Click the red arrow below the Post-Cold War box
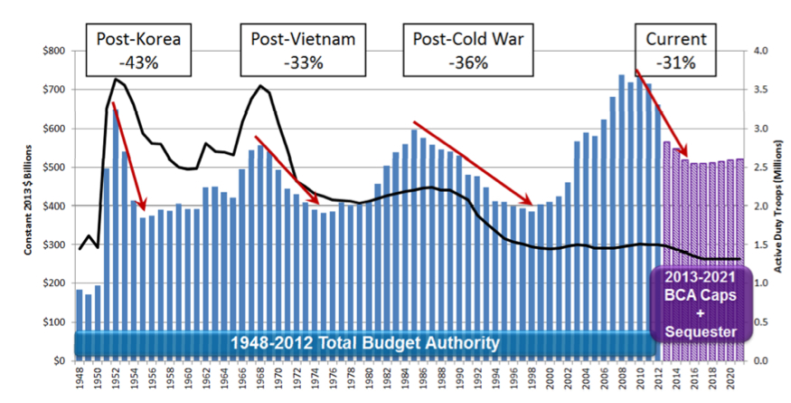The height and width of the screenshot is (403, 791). (472, 161)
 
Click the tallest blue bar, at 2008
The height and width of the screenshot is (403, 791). (621, 217)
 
